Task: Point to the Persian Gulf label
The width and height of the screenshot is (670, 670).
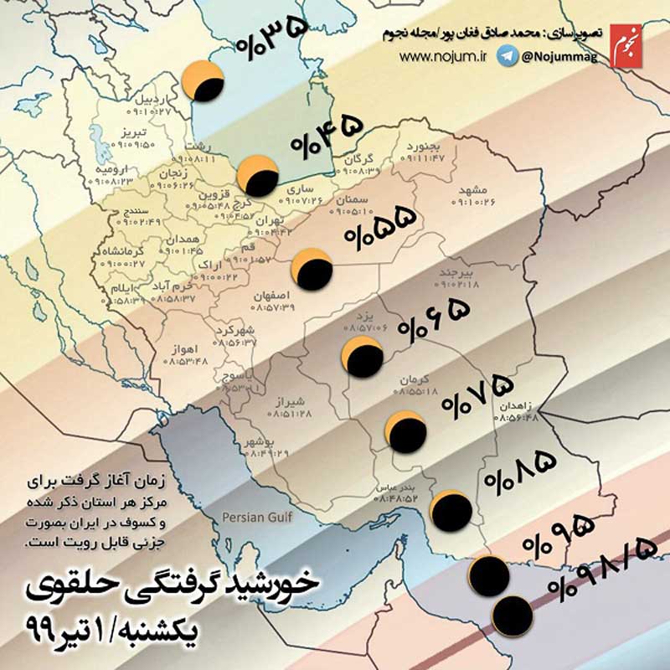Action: pyautogui.click(x=256, y=518)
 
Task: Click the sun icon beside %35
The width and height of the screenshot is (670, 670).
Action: pyautogui.click(x=204, y=81)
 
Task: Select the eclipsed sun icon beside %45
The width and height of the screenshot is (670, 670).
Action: pyautogui.click(x=257, y=176)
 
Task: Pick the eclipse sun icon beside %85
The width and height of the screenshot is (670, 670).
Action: pyautogui.click(x=450, y=510)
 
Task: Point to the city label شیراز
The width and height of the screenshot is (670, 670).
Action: pyautogui.click(x=293, y=400)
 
